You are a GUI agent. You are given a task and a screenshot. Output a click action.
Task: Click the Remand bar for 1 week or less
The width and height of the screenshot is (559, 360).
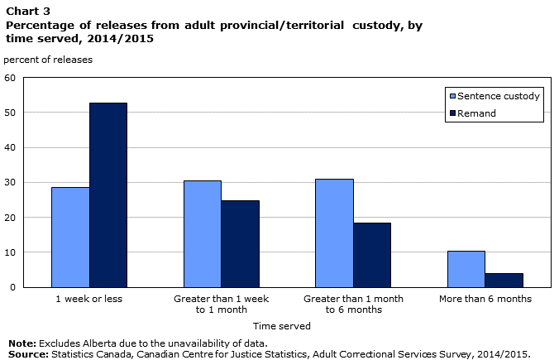click(108, 195)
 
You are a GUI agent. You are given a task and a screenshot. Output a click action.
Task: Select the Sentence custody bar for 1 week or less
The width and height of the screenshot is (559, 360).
click(70, 238)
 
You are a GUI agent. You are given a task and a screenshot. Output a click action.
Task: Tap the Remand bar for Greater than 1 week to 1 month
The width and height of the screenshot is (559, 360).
click(240, 244)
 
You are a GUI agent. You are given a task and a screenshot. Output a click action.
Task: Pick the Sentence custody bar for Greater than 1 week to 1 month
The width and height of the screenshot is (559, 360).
click(203, 234)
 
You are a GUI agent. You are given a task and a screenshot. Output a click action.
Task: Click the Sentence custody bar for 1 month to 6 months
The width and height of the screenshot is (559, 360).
click(334, 233)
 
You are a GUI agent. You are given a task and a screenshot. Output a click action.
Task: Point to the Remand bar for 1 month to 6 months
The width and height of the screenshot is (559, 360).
click(372, 255)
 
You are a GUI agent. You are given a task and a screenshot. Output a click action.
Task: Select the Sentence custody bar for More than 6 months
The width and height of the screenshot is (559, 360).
click(466, 269)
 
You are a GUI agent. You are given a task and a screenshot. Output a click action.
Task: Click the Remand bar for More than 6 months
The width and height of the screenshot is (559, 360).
click(504, 281)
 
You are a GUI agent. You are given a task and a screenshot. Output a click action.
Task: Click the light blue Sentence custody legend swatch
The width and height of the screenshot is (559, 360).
click(453, 96)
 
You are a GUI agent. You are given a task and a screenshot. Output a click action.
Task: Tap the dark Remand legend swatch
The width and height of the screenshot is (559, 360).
click(453, 113)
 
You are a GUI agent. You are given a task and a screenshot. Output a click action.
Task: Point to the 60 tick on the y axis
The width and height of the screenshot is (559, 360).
click(10, 78)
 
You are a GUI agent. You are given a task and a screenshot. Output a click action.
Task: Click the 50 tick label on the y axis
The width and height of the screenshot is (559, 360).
click(10, 113)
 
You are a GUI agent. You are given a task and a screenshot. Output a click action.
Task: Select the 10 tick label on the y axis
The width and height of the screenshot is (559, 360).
click(10, 252)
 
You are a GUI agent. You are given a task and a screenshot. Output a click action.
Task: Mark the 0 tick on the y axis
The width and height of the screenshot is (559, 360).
click(13, 287)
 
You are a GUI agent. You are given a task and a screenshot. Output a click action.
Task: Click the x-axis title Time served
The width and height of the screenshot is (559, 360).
click(282, 326)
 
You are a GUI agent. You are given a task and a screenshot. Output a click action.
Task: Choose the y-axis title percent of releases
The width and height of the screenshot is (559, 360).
click(48, 60)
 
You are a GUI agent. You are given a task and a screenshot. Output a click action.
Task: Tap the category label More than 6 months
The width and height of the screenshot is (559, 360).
click(485, 299)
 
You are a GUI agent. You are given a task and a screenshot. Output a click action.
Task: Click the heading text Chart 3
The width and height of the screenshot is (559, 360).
click(28, 12)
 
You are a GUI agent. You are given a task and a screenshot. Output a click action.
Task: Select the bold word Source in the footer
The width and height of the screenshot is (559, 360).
click(28, 354)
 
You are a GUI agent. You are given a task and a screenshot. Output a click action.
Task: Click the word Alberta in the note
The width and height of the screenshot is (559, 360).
click(99, 343)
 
